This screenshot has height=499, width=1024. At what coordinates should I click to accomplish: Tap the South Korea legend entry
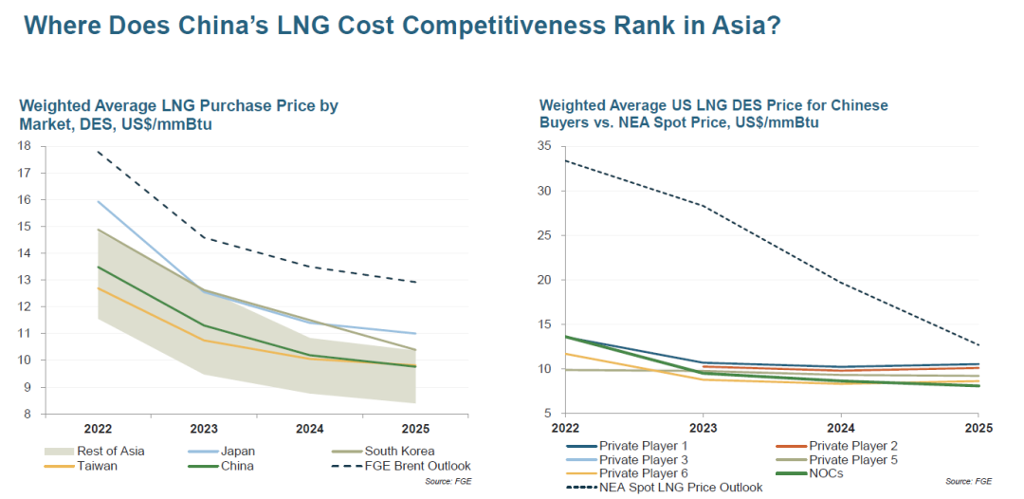(x=397, y=451)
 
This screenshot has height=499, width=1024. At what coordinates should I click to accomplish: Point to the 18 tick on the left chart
(x=25, y=146)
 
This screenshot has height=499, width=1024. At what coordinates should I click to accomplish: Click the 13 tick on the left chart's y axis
(x=25, y=280)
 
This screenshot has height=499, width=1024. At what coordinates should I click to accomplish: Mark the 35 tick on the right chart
(x=543, y=146)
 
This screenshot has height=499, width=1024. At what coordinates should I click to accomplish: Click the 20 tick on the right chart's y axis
(x=543, y=280)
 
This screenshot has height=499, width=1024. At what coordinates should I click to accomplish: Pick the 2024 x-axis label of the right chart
(x=840, y=428)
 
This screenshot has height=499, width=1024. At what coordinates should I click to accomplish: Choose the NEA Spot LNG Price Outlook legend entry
(x=680, y=487)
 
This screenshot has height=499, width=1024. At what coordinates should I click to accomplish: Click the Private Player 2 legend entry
(x=852, y=446)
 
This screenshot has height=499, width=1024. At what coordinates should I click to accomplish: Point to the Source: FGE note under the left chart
(x=449, y=482)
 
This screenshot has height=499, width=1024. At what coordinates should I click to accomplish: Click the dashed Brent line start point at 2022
(x=96, y=152)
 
